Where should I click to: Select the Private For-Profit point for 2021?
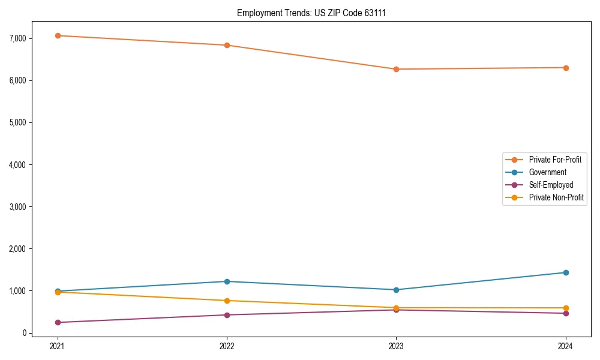(58, 35)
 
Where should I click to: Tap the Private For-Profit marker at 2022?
(227, 45)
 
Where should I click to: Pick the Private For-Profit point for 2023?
(396, 69)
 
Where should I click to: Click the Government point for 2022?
(227, 281)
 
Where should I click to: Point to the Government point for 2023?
(396, 290)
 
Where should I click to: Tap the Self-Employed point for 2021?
(58, 322)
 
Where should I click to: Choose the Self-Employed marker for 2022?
(227, 315)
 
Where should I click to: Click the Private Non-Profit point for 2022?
(227, 301)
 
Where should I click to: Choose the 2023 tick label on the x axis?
(396, 346)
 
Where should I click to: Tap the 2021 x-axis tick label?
(58, 346)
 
